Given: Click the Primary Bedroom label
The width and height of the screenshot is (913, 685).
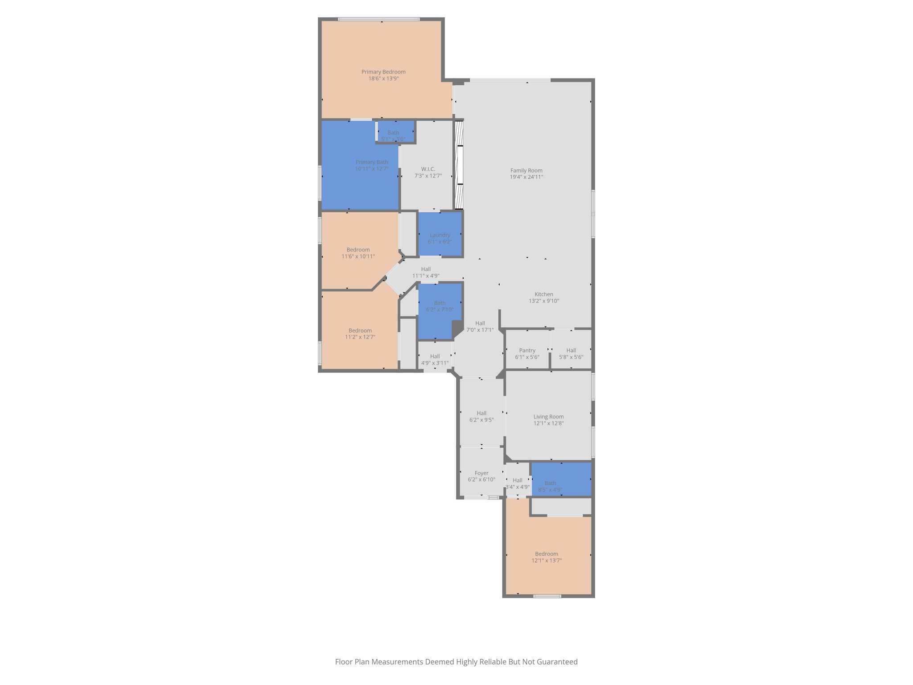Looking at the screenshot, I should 383,72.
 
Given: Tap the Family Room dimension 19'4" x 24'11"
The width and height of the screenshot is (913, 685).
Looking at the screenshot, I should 526,177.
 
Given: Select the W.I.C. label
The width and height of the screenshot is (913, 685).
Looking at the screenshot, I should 428,169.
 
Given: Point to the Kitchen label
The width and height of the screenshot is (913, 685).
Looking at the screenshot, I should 544,294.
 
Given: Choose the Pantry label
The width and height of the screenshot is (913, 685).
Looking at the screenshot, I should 527,351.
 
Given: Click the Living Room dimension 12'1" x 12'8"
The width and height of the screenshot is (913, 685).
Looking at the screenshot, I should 548,423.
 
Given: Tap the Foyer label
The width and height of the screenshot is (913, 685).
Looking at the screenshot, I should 481,473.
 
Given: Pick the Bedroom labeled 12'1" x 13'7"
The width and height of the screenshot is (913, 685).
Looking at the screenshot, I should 547,557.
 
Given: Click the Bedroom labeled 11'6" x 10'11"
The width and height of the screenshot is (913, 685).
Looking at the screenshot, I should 358,253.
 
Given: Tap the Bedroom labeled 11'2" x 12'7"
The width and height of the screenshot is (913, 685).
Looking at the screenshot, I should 360,334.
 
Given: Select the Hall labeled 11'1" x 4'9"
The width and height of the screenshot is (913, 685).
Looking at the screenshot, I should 426,272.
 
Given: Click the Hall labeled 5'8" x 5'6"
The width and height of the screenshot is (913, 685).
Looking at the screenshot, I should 571,354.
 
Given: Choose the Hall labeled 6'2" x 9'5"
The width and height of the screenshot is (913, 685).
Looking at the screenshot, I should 481,417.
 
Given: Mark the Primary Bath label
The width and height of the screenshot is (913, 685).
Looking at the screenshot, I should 371,162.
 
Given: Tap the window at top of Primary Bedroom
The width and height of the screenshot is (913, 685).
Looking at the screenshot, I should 378,19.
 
